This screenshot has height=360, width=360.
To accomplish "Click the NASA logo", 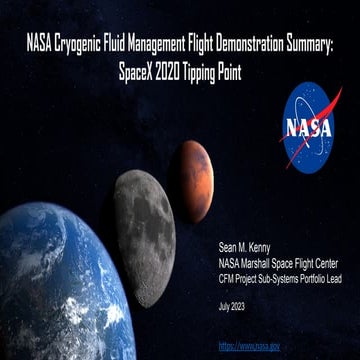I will [311, 127].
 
